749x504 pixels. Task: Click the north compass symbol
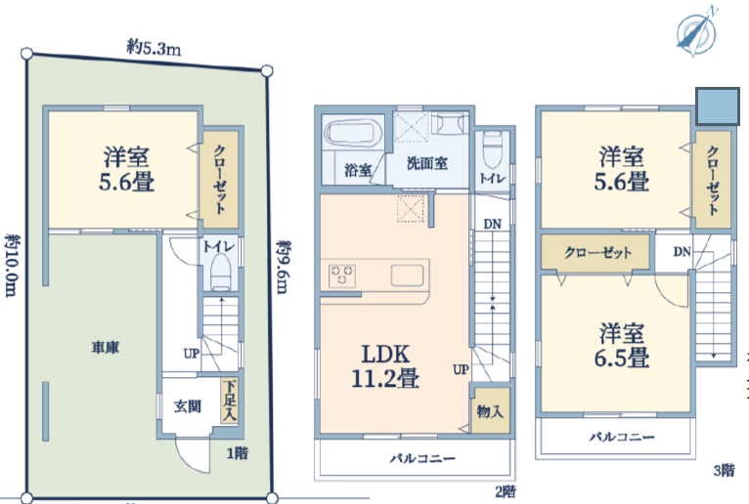[696, 32]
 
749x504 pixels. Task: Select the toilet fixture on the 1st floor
[221, 272]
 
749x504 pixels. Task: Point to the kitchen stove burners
[342, 275]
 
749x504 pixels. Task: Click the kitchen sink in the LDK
[407, 275]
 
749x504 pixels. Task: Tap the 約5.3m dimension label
[154, 48]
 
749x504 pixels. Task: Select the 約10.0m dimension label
[12, 265]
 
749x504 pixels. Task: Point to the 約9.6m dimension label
[284, 267]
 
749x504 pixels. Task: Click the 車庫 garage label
[105, 347]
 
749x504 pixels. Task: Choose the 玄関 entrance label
[188, 406]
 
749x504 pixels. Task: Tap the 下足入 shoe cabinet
[229, 399]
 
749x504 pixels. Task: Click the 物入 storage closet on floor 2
[490, 410]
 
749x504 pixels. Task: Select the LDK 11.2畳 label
[385, 366]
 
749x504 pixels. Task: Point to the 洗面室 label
[427, 163]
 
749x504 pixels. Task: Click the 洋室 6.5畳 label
[622, 345]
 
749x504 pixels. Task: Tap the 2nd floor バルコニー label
[422, 459]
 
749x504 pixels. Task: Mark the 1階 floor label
[238, 452]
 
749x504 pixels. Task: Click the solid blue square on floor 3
[718, 105]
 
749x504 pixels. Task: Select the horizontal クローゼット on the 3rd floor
[595, 252]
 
